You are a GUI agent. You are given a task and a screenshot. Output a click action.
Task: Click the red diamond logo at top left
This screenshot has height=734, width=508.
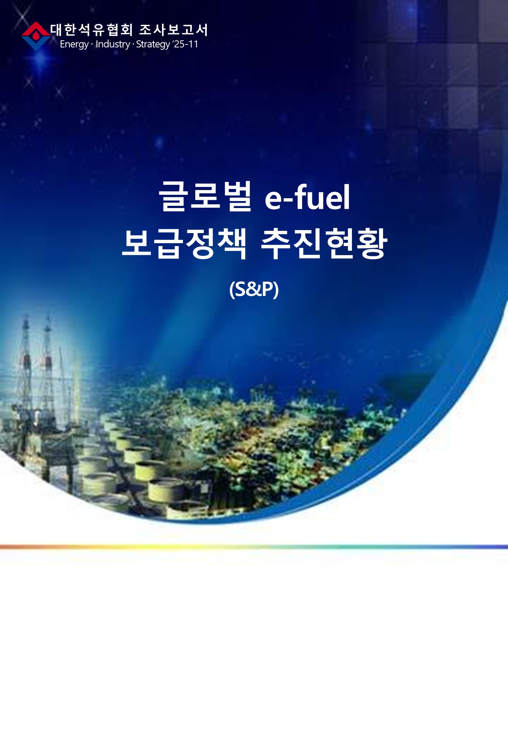click(x=36, y=36)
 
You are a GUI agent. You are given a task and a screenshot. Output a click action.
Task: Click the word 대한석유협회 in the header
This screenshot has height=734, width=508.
click(x=92, y=30)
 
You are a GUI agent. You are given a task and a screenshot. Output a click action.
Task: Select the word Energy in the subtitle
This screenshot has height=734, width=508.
click(x=74, y=44)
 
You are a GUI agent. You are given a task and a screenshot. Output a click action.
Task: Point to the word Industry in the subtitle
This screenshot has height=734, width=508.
click(x=113, y=44)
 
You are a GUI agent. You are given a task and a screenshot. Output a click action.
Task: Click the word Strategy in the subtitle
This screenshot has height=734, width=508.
click(x=153, y=44)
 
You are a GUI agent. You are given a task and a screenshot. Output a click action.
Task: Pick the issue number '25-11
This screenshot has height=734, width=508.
click(x=185, y=44)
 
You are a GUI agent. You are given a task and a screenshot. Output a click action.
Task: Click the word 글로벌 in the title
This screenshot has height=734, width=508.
click(x=205, y=196)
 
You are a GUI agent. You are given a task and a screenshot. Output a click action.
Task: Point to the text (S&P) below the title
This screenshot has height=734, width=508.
click(x=254, y=289)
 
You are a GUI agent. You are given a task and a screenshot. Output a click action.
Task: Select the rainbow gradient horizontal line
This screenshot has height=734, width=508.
click(x=254, y=547)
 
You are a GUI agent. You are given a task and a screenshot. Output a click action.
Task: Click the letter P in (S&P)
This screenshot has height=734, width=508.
click(x=269, y=289)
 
